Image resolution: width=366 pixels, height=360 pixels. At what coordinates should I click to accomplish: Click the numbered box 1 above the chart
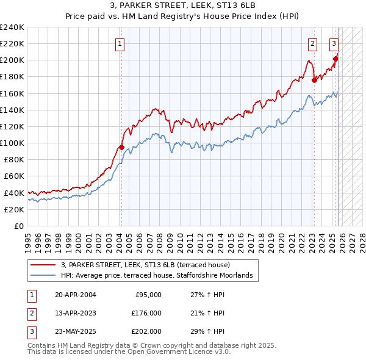coord(120,43)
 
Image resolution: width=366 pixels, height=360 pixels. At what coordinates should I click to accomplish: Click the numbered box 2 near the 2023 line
coord(312,43)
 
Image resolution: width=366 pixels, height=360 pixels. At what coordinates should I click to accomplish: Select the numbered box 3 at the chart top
coord(334,43)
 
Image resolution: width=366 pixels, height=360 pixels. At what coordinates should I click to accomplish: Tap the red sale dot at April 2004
coord(121,147)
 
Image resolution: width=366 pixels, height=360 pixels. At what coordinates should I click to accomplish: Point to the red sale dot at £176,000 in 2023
coord(314,79)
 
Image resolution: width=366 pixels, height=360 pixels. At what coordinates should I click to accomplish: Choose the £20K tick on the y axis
coord(14,209)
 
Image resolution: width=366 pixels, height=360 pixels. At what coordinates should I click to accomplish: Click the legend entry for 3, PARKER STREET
coord(145,265)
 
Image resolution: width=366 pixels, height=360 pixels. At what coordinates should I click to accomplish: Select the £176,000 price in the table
coord(146,313)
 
